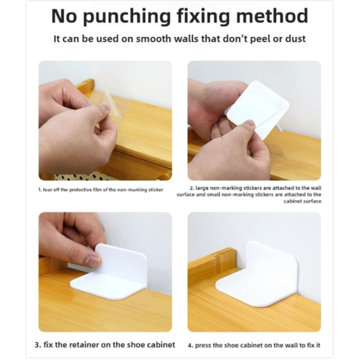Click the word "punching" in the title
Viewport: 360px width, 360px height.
click(127, 17)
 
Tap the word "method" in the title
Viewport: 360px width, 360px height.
click(272, 16)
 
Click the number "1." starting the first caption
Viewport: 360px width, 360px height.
click(40, 190)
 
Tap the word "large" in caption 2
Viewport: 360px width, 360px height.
click(202, 188)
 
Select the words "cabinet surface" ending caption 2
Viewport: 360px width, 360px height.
click(302, 202)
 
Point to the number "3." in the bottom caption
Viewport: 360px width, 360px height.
click(38, 345)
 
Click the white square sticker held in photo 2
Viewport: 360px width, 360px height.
click(257, 108)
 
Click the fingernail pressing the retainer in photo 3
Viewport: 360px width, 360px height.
click(93, 262)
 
